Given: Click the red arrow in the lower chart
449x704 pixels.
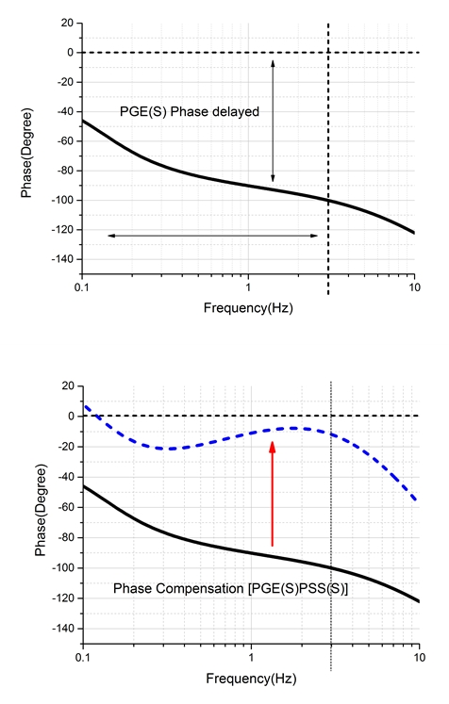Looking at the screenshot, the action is point(272,494).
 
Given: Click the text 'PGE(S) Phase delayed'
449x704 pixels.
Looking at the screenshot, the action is point(190,111).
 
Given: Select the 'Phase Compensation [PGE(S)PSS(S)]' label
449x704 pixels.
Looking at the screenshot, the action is point(230,588).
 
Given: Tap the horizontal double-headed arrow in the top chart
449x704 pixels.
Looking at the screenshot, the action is point(212,236).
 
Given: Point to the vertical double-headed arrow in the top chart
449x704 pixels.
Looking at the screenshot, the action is point(273,121).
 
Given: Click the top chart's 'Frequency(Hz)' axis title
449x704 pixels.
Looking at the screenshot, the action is point(248,307).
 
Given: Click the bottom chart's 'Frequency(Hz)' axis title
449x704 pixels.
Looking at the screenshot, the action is point(251,678).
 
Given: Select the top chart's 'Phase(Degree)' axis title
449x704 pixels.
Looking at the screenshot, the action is point(26,153).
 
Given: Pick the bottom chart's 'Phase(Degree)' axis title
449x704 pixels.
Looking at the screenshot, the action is point(41,511).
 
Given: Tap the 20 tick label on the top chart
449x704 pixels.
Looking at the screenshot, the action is point(67,23).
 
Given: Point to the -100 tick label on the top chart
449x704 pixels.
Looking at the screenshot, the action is point(62,200).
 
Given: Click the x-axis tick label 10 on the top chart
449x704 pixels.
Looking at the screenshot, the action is point(415,287).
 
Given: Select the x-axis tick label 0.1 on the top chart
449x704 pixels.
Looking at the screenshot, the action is point(82,287).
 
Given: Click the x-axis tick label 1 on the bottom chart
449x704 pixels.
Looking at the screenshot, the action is point(251,657).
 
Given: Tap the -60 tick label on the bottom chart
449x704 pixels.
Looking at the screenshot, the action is point(66,507).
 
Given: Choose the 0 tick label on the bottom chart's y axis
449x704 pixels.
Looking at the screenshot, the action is point(71,417).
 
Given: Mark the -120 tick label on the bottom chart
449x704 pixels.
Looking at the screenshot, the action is point(63,598).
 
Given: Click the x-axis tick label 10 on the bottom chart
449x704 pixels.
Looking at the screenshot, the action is point(420,657).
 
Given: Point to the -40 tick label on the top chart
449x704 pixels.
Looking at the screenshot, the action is point(65,111).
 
